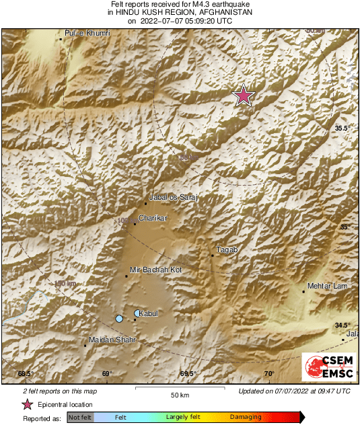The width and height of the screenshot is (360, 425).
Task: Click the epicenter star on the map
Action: tap(244, 96)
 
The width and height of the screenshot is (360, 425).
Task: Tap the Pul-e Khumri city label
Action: tap(87, 33)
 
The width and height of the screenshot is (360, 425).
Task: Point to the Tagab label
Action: tap(227, 249)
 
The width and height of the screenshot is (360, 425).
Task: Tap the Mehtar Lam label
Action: tap(326, 286)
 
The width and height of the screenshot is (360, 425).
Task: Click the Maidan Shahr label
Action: tap(113, 340)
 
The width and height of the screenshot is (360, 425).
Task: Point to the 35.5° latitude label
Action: tap(344, 128)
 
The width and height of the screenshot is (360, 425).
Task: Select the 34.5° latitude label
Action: tap(343, 325)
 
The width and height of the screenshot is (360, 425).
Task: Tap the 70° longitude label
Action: tap(268, 374)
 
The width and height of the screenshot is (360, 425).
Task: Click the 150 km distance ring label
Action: tap(65, 283)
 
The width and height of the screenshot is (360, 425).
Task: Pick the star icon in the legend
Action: tap(28, 404)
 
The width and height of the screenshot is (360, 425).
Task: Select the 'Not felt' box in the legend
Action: tap(80, 418)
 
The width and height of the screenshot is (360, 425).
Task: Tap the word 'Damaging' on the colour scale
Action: tap(246, 418)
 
